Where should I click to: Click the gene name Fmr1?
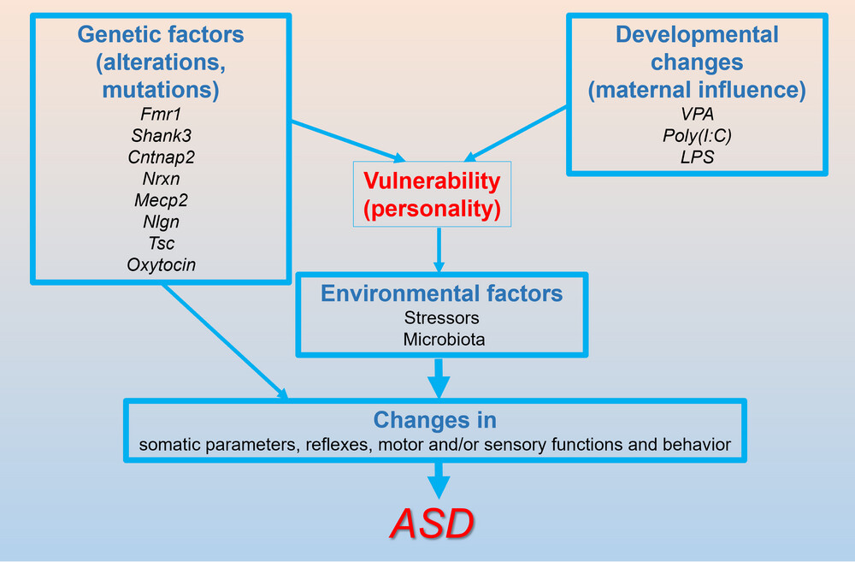161,114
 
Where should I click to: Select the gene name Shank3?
161,135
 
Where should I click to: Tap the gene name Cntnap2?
161,157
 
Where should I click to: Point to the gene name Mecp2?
161,200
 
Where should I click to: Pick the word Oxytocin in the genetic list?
161,264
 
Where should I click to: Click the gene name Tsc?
162,243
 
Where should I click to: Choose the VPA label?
697,114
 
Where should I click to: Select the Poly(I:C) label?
697,135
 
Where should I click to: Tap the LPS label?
697,157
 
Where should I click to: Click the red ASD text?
432,524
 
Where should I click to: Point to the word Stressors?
442,317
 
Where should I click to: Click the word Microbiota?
444,340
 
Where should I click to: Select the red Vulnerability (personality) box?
432,194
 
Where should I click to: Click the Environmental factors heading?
442,293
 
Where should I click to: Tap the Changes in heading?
435,420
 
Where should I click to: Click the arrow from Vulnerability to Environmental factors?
439,250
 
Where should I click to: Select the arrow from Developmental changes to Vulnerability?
515,134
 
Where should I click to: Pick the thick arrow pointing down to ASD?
439,481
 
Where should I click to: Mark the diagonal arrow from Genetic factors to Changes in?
226,342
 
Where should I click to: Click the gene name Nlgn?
161,222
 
